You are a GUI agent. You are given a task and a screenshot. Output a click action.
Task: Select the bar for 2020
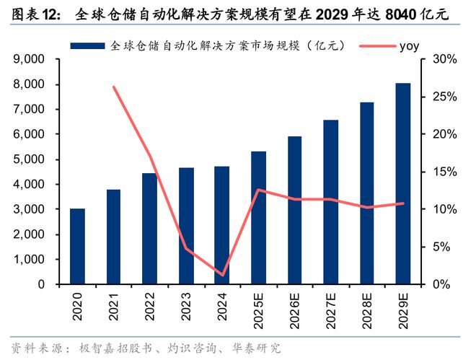point(77,247)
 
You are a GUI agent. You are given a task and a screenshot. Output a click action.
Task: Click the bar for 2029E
point(402,184)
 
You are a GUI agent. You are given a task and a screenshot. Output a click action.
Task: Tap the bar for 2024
point(222,225)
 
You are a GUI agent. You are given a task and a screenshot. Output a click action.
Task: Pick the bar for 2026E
point(294,211)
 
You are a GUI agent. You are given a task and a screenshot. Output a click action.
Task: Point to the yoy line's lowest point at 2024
point(222,275)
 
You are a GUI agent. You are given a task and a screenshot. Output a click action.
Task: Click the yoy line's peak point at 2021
point(114,87)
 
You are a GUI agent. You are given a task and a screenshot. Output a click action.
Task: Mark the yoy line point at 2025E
point(258,190)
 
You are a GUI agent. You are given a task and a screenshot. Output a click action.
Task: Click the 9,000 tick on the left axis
point(30,59)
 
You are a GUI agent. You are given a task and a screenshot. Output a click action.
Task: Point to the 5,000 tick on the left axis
point(30,159)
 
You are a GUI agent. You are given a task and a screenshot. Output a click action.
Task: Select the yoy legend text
point(408,45)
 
